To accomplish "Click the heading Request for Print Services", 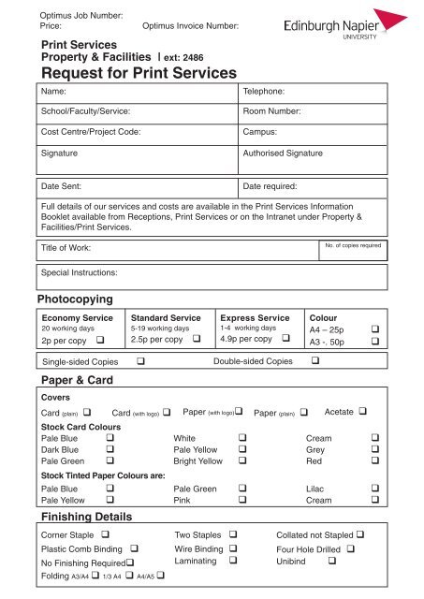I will (x=135, y=73).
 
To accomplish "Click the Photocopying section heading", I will (x=74, y=299).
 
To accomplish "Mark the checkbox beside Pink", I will (x=242, y=527).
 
